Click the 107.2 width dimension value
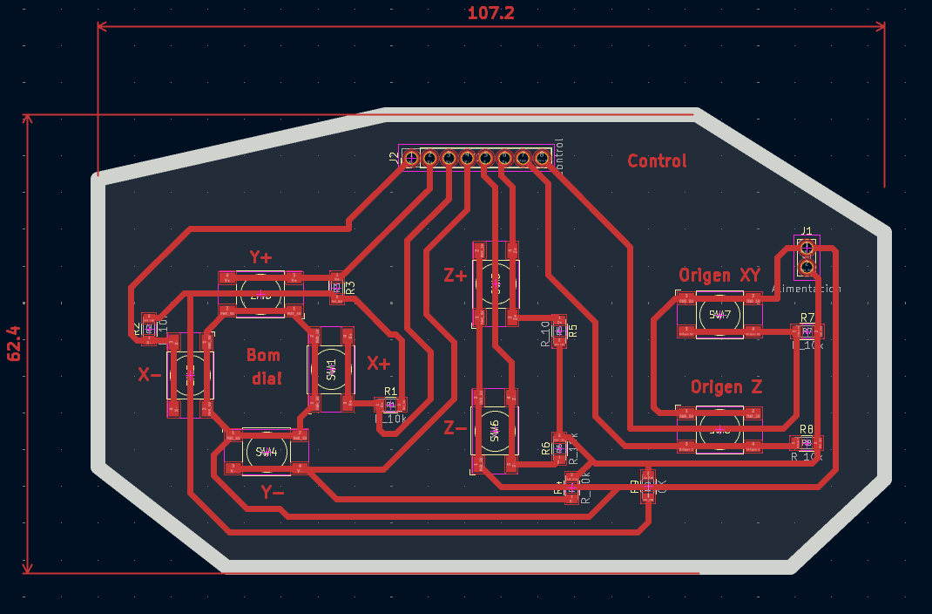click(491, 13)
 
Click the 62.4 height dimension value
click(14, 344)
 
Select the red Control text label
click(657, 161)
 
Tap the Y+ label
click(260, 257)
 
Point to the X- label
click(149, 375)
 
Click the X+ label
click(378, 363)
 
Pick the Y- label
click(273, 492)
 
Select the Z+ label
click(455, 276)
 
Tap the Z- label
click(455, 427)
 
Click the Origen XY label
click(719, 276)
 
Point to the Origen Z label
click(726, 386)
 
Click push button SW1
click(331, 369)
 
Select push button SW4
click(266, 452)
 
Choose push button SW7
click(719, 315)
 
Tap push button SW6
click(494, 430)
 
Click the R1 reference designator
click(390, 392)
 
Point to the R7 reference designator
click(807, 317)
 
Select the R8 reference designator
click(806, 429)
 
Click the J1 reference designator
click(807, 231)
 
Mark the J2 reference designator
click(394, 158)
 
